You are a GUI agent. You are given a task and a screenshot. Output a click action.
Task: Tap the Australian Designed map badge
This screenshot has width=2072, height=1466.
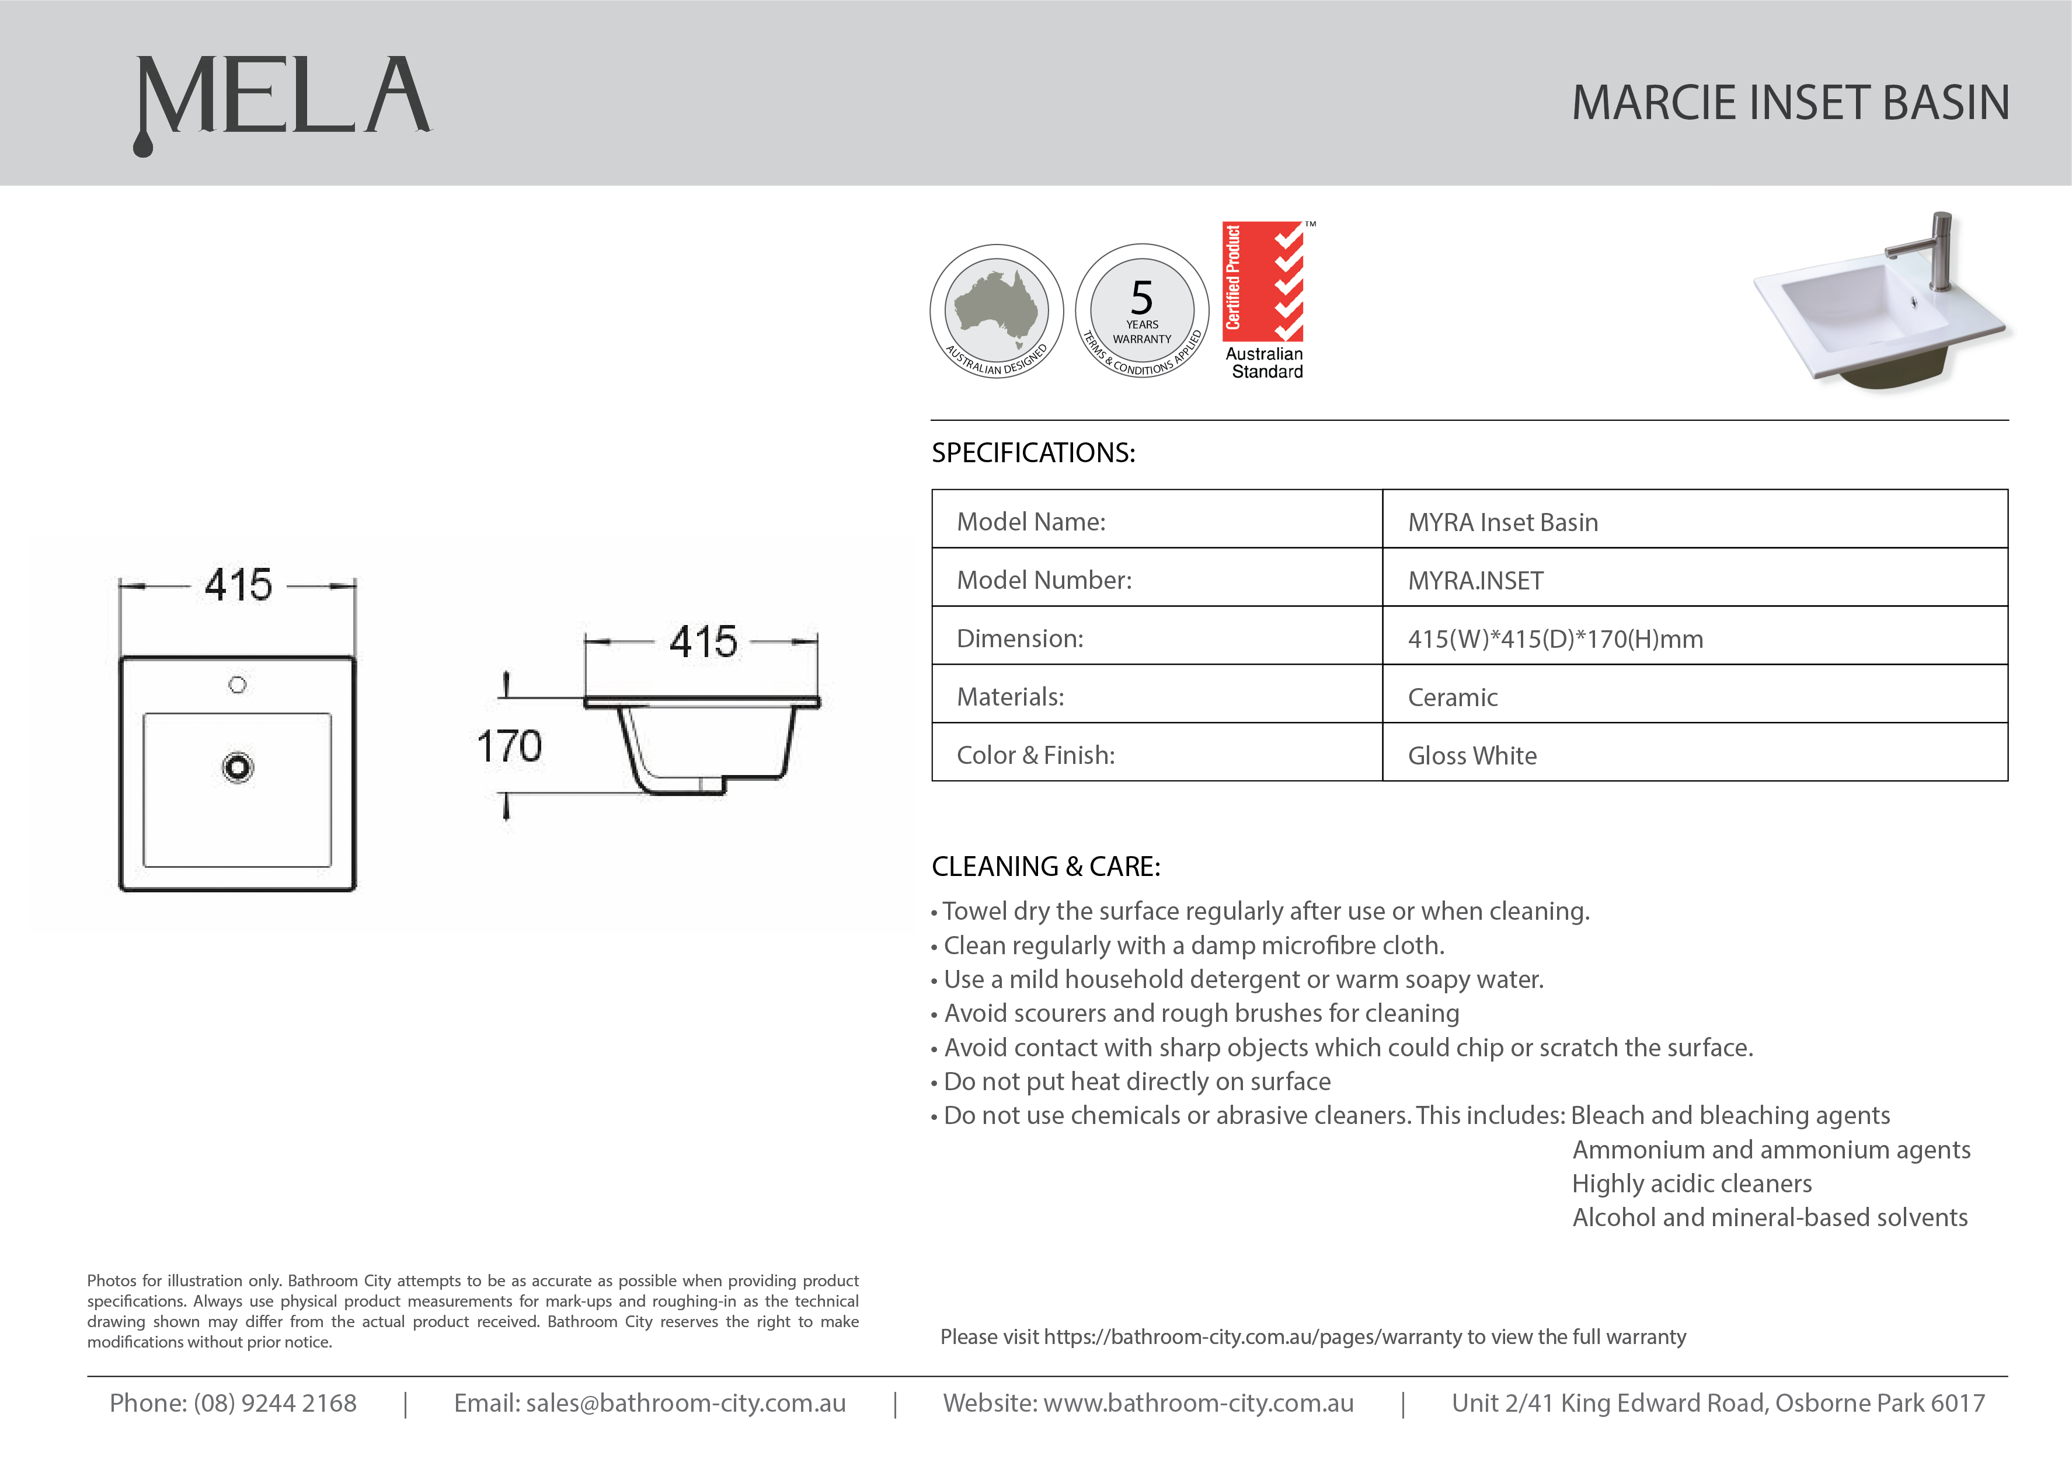(997, 310)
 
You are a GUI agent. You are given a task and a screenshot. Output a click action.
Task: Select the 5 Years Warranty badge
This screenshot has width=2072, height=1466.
(1142, 310)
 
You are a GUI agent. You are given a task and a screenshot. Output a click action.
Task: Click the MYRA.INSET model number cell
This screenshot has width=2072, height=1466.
(1475, 581)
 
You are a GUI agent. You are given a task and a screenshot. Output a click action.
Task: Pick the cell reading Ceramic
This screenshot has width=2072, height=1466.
(1453, 697)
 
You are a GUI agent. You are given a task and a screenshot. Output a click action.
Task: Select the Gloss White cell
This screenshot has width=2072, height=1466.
(1472, 756)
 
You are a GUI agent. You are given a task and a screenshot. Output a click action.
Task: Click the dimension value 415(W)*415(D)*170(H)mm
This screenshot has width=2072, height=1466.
(1555, 639)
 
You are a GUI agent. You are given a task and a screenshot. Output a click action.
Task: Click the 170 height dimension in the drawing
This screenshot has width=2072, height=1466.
(509, 746)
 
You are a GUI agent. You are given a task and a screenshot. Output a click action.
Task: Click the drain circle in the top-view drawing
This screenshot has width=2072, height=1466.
(238, 767)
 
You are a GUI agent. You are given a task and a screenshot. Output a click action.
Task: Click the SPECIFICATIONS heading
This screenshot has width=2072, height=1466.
(1033, 452)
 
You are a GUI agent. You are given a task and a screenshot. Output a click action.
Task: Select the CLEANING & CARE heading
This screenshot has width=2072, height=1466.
(1046, 867)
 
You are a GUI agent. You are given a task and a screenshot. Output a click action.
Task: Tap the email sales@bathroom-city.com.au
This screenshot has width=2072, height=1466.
(685, 1403)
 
